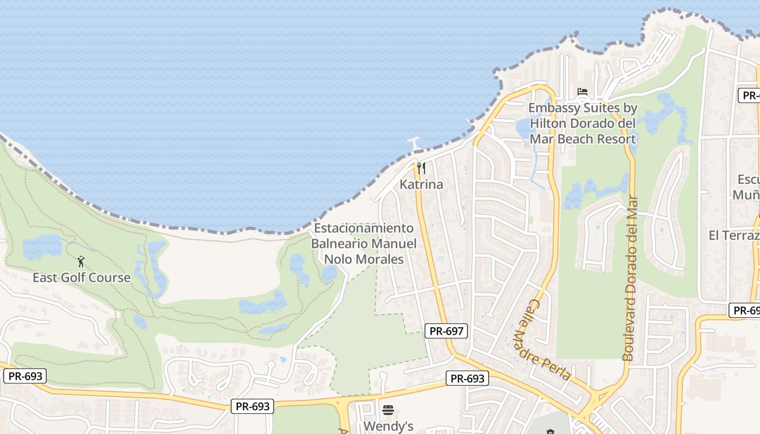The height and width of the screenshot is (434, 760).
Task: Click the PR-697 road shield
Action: pyautogui.click(x=446, y=330)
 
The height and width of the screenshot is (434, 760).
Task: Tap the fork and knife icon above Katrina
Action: pyautogui.click(x=421, y=168)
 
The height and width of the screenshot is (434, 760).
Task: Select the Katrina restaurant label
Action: pyautogui.click(x=421, y=184)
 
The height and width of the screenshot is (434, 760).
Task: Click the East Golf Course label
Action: pyautogui.click(x=81, y=278)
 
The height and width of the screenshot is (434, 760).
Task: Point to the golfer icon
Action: pyautogui.click(x=81, y=261)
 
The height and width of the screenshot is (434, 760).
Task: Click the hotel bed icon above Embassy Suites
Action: pyautogui.click(x=582, y=92)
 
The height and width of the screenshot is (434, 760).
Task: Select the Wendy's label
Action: pyautogui.click(x=388, y=426)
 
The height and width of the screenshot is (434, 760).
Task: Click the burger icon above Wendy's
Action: pyautogui.click(x=388, y=410)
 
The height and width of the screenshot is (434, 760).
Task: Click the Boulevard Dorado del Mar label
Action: pyautogui.click(x=630, y=278)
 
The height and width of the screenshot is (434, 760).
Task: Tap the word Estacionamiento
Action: pyautogui.click(x=364, y=228)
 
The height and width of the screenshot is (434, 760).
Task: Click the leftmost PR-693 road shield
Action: pyautogui.click(x=25, y=376)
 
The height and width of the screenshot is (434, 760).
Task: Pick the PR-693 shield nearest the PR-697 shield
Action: pyautogui.click(x=467, y=378)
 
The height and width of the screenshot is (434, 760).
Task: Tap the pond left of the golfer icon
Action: pyautogui.click(x=42, y=247)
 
